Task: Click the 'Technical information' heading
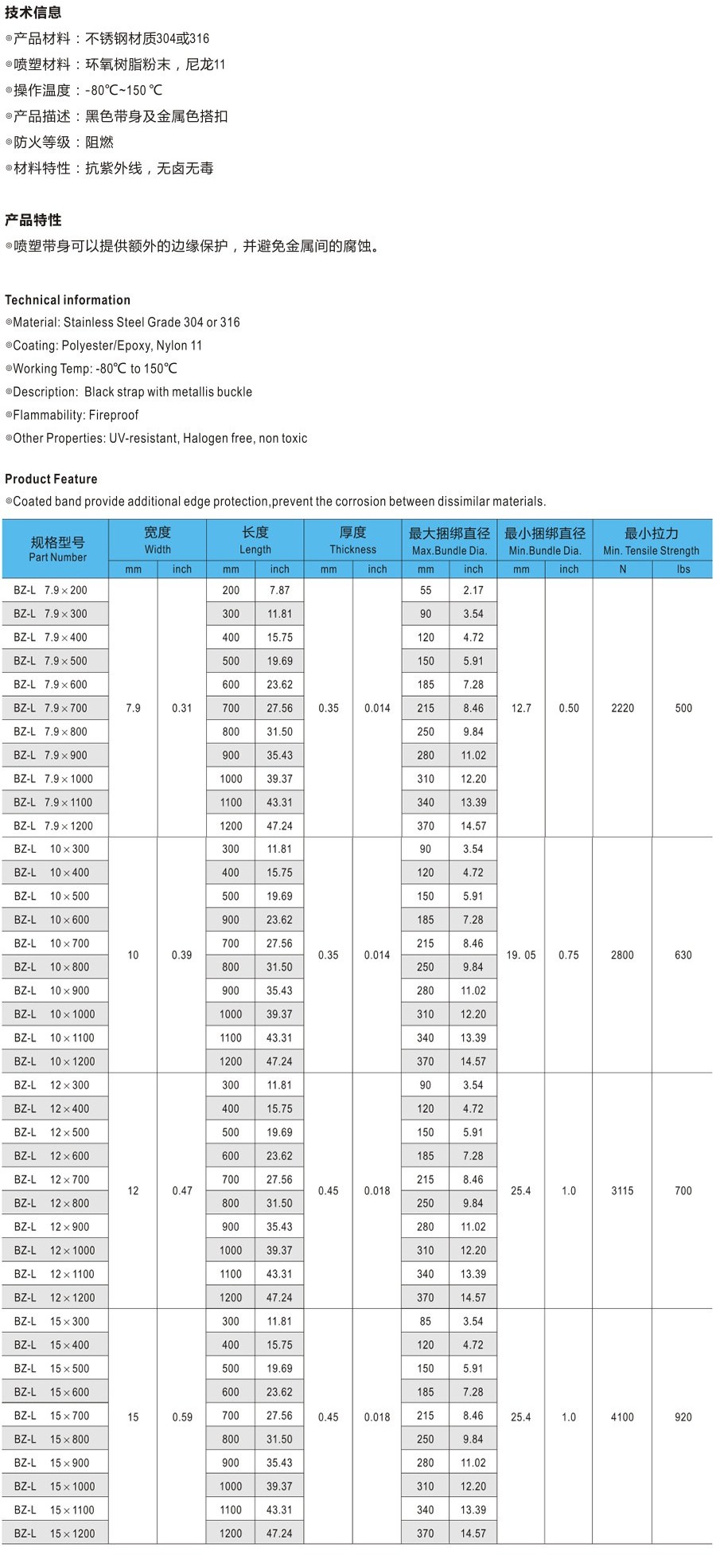point(68,300)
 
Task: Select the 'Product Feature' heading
point(51,479)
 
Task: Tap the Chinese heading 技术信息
point(33,12)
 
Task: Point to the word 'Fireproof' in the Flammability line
point(114,415)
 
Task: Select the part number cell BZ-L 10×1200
point(54,1061)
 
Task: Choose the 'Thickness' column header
point(352,549)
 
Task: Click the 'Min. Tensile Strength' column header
point(651,550)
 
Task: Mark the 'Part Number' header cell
point(57,557)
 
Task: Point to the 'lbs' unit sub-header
point(683,569)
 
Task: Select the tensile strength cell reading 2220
point(622,708)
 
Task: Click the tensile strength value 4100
point(622,1417)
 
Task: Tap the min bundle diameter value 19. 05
point(521,955)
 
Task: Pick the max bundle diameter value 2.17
point(473,590)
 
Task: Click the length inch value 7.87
point(279,590)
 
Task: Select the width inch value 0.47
point(182,1191)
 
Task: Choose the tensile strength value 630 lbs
point(683,955)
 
